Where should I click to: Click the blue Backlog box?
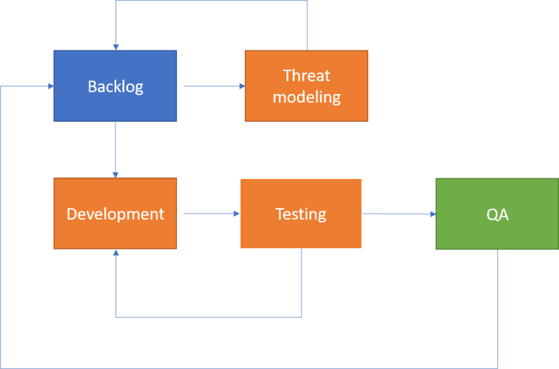(x=115, y=104)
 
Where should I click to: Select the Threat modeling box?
(x=306, y=111)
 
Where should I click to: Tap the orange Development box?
(x=115, y=231)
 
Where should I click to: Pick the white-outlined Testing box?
(x=301, y=231)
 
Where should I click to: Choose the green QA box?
(x=497, y=231)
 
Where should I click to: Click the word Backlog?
(x=116, y=86)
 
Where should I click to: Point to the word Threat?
(x=306, y=75)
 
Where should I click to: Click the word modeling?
(x=306, y=97)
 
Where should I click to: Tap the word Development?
(x=116, y=214)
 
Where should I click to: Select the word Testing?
(x=301, y=214)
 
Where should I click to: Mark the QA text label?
(x=497, y=214)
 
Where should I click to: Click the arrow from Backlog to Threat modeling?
(x=211, y=86)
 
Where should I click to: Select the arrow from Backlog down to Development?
(x=116, y=149)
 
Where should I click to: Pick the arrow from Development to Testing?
(x=208, y=214)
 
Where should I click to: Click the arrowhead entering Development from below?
(x=116, y=254)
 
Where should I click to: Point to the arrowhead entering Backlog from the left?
(x=51, y=86)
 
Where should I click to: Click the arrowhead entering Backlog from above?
(x=116, y=47)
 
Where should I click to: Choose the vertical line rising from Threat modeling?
(x=306, y=25)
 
